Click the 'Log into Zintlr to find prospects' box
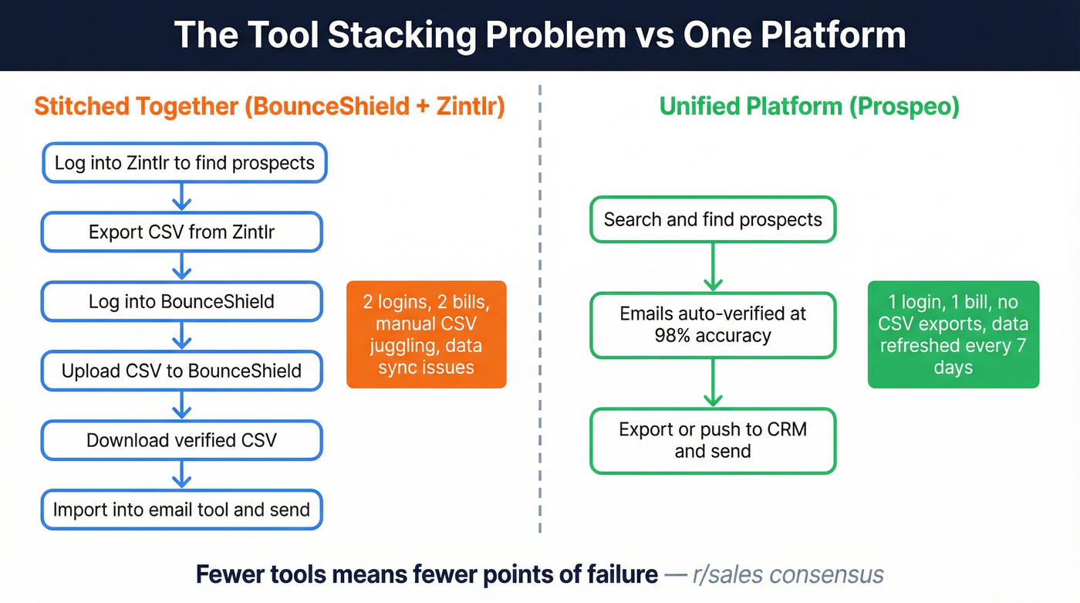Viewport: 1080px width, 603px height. (184, 163)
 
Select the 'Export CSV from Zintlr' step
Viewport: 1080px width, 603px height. (181, 232)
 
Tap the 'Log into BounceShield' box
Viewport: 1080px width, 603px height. (181, 301)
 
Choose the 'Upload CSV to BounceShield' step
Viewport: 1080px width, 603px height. (181, 371)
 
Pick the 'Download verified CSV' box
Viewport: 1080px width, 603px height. (181, 440)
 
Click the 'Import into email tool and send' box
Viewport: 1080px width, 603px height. (181, 510)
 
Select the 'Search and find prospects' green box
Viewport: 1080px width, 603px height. (713, 220)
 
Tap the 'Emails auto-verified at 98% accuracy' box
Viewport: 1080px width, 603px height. (713, 325)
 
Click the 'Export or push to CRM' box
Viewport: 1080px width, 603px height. (713, 440)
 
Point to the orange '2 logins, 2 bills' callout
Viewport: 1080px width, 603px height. (426, 334)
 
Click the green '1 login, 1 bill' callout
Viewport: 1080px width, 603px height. (953, 334)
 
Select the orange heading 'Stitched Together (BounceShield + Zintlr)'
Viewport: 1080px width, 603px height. (269, 106)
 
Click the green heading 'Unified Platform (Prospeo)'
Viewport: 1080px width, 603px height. (809, 106)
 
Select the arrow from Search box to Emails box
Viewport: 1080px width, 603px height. (713, 267)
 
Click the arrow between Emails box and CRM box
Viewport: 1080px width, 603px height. (713, 383)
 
